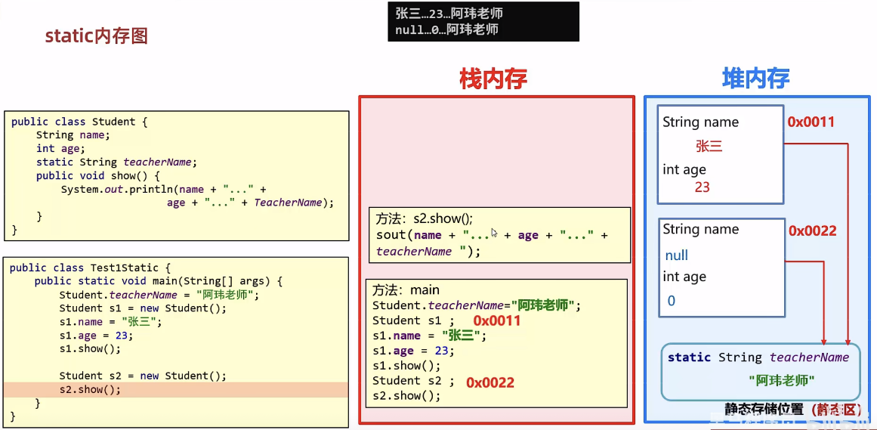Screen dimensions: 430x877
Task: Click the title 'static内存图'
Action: coord(96,36)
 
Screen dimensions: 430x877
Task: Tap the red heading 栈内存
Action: coord(493,79)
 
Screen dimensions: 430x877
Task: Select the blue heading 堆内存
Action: coord(755,78)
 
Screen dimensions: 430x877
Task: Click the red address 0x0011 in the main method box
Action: coord(497,321)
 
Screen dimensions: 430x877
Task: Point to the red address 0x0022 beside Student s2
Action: coord(489,382)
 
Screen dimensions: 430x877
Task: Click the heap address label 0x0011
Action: coord(811,122)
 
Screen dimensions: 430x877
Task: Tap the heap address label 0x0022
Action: coord(812,230)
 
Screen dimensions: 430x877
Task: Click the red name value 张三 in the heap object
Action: coord(709,147)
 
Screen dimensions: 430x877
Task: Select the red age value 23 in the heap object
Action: coord(702,187)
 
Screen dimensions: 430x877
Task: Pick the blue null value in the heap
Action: coord(676,255)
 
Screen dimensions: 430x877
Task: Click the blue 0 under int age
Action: coord(671,301)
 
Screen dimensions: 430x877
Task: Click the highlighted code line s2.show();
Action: coord(90,389)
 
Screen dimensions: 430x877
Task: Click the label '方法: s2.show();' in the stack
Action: coord(424,219)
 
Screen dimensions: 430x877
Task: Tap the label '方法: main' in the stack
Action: coord(406,290)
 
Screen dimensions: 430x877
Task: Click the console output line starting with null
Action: coord(446,30)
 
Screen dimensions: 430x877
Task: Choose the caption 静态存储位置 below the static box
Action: coord(764,409)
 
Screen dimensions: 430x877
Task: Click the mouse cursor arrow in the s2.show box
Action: coord(494,233)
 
